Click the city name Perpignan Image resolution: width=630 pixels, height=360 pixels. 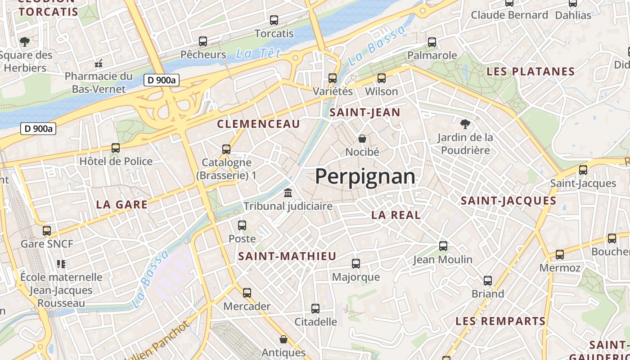(x=365, y=176)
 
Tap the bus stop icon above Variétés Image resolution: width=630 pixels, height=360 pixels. (x=333, y=78)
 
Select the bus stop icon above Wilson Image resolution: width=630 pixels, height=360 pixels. (x=382, y=78)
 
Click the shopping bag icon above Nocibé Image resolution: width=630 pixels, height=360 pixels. (x=362, y=139)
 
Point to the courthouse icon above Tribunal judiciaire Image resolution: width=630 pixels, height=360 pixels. (x=288, y=193)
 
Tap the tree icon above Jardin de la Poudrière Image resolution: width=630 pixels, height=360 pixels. (x=465, y=124)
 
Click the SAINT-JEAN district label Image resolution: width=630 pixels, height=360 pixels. (x=365, y=112)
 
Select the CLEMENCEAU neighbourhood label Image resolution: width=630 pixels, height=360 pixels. (x=258, y=124)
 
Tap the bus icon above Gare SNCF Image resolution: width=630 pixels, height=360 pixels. (x=47, y=231)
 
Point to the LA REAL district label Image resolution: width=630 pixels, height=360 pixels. (x=396, y=215)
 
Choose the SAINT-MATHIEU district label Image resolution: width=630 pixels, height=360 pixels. (x=287, y=256)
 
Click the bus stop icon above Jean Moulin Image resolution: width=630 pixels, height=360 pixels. (x=443, y=246)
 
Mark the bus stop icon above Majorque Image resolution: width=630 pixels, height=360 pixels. (x=356, y=264)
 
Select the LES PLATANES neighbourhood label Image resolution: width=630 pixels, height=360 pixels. (x=531, y=72)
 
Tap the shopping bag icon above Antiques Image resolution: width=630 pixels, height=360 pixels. (x=283, y=339)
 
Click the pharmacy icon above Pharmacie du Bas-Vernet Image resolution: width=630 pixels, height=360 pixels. (x=99, y=63)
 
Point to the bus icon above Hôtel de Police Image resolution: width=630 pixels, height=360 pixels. (x=116, y=148)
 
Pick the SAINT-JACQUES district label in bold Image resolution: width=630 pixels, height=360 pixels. (x=508, y=201)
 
